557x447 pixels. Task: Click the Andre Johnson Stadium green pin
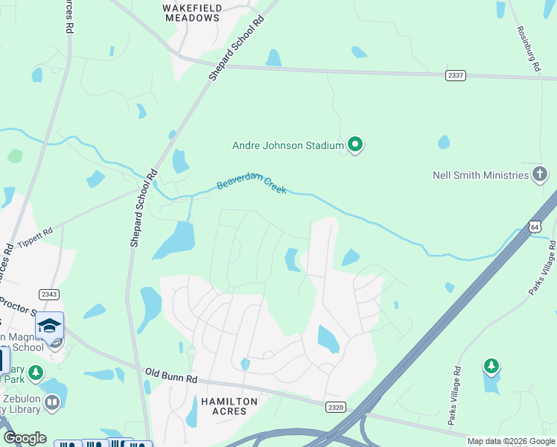point(355,145)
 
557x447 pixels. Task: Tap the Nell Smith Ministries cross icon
point(541,175)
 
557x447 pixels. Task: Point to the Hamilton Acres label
point(229,407)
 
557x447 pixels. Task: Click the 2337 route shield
point(456,75)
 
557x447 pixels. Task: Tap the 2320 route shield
point(336,406)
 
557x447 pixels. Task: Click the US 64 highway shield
point(535,226)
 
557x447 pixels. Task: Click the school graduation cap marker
point(50,326)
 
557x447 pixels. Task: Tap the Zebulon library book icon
point(51,403)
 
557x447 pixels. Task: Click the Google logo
point(24,438)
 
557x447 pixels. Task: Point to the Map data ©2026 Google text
point(510,441)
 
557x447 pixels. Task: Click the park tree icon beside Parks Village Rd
point(491,366)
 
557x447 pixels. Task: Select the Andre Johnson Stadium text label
point(287,145)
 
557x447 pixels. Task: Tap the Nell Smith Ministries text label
point(480,176)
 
